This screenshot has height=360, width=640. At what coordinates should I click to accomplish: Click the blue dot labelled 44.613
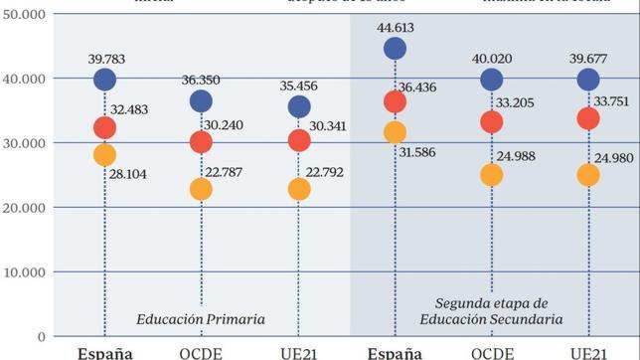[395, 48]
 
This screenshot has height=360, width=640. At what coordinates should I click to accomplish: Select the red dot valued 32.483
[104, 127]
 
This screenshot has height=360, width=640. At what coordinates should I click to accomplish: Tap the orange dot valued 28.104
[104, 154]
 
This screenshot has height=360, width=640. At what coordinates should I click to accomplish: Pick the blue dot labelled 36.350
[202, 100]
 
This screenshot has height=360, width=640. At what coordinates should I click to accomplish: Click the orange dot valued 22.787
[202, 189]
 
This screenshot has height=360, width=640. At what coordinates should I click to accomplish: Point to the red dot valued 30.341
[299, 140]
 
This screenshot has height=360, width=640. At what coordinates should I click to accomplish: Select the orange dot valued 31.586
[395, 132]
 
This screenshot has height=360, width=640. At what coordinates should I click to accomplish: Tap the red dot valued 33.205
[492, 122]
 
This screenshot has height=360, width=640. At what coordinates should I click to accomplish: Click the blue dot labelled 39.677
[588, 79]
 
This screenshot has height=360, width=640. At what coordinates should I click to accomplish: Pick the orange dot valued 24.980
[588, 175]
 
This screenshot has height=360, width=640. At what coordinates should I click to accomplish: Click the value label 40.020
[492, 58]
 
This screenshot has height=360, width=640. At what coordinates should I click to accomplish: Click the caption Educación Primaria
[202, 319]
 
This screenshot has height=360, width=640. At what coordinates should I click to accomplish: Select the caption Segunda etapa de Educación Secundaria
[493, 310]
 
